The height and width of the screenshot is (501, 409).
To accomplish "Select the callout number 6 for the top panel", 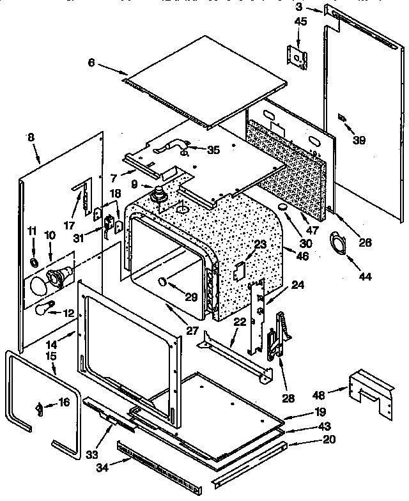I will pyautogui.click(x=91, y=62).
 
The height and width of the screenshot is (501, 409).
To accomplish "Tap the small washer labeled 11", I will pyautogui.click(x=34, y=263).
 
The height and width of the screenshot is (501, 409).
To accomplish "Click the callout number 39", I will pyautogui.click(x=359, y=140).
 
